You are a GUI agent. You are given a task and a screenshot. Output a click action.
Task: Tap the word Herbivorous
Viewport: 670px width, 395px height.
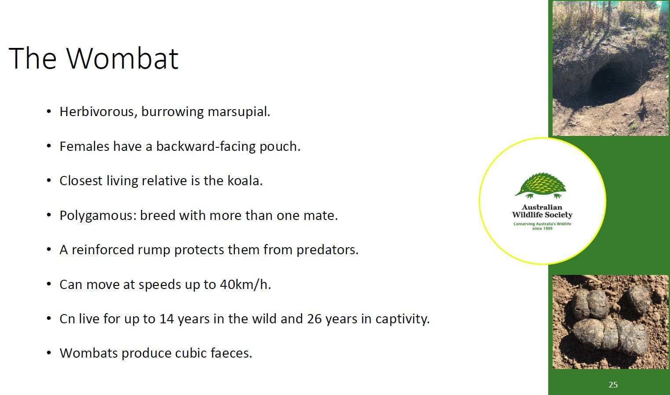coord(98,112)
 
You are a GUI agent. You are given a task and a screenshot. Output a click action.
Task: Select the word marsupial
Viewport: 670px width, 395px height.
coord(239,112)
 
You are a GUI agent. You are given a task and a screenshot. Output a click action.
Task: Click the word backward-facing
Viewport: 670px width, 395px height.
coord(206,146)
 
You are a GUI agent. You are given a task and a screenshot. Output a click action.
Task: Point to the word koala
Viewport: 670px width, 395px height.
coord(245,180)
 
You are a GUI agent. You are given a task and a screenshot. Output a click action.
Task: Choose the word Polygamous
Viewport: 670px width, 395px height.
coord(98,216)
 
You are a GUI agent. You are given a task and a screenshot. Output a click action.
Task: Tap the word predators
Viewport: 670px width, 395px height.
coord(327,250)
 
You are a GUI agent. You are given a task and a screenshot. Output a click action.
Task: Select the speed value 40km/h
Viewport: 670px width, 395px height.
coord(245,284)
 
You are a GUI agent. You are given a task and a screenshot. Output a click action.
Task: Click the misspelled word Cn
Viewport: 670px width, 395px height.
coord(67,319)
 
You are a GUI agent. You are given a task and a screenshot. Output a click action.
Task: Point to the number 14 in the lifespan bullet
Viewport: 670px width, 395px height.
coord(167,319)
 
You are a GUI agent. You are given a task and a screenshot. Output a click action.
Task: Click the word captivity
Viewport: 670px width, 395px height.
coord(402,319)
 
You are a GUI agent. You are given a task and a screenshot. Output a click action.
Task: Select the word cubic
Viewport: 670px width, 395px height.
coord(191,353)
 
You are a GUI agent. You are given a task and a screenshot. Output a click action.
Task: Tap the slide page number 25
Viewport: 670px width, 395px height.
coord(613,384)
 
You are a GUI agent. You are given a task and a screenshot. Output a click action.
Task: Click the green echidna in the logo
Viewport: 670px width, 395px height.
coord(541,185)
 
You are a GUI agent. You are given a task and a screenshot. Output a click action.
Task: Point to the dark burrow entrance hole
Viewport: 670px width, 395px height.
coord(615,81)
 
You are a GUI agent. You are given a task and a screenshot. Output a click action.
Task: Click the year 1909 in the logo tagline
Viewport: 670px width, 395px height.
coord(548,229)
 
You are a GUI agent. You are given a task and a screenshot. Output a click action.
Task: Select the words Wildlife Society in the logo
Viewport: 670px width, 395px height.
coord(542,215)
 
